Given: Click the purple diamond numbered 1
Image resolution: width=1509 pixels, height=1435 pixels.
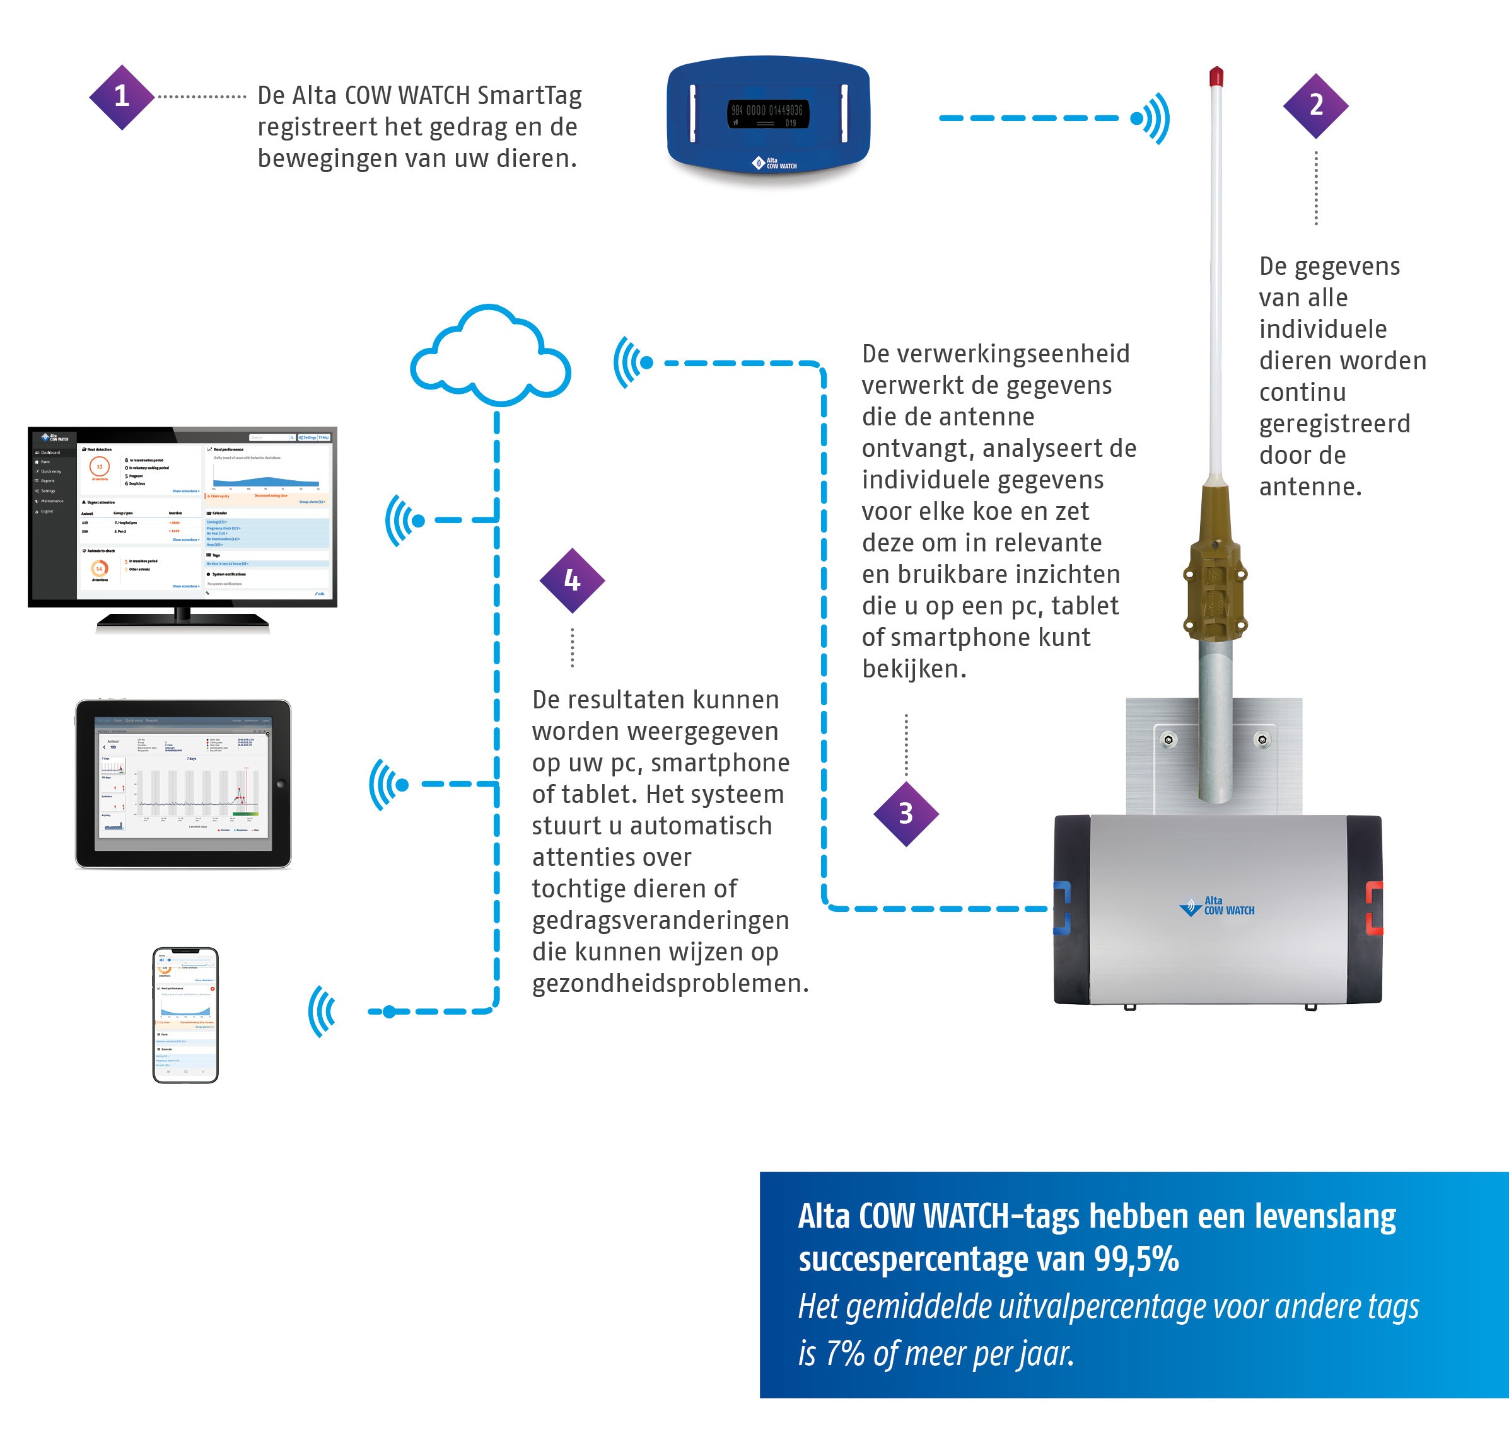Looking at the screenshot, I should pos(122,96).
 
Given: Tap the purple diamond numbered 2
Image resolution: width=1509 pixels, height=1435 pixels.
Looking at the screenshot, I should pos(1315,105).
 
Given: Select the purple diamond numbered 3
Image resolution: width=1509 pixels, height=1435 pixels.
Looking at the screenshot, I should pos(906,814).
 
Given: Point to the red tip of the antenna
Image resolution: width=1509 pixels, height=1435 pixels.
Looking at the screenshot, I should pos(1216,76).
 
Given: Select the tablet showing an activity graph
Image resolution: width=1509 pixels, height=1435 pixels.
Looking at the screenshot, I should pos(183,783).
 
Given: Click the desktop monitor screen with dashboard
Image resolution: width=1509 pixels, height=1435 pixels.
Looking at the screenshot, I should pos(182,516).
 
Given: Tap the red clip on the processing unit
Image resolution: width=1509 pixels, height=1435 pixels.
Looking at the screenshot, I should pos(1374,908).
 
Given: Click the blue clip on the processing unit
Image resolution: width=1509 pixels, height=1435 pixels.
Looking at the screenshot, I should pos(1062,908).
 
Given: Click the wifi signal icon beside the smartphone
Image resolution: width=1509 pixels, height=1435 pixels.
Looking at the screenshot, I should pos(322,1011).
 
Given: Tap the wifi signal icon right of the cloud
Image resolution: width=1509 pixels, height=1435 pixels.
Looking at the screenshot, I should pos(631,362).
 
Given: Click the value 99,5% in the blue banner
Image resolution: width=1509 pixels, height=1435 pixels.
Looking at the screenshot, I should pos(1136,1259).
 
